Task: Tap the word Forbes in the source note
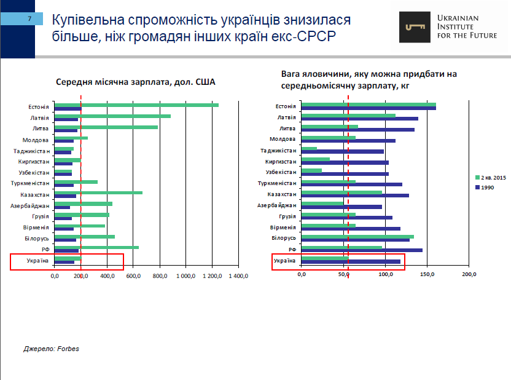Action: tap(68, 349)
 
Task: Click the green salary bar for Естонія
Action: tap(136, 105)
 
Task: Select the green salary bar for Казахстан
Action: tap(98, 192)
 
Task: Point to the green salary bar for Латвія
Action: tap(112, 116)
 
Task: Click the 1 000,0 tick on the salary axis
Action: tap(186, 275)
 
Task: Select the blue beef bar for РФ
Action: tap(362, 250)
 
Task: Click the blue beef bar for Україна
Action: tap(351, 261)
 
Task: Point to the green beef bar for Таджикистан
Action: tap(309, 148)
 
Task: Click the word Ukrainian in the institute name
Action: tap(458, 18)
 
